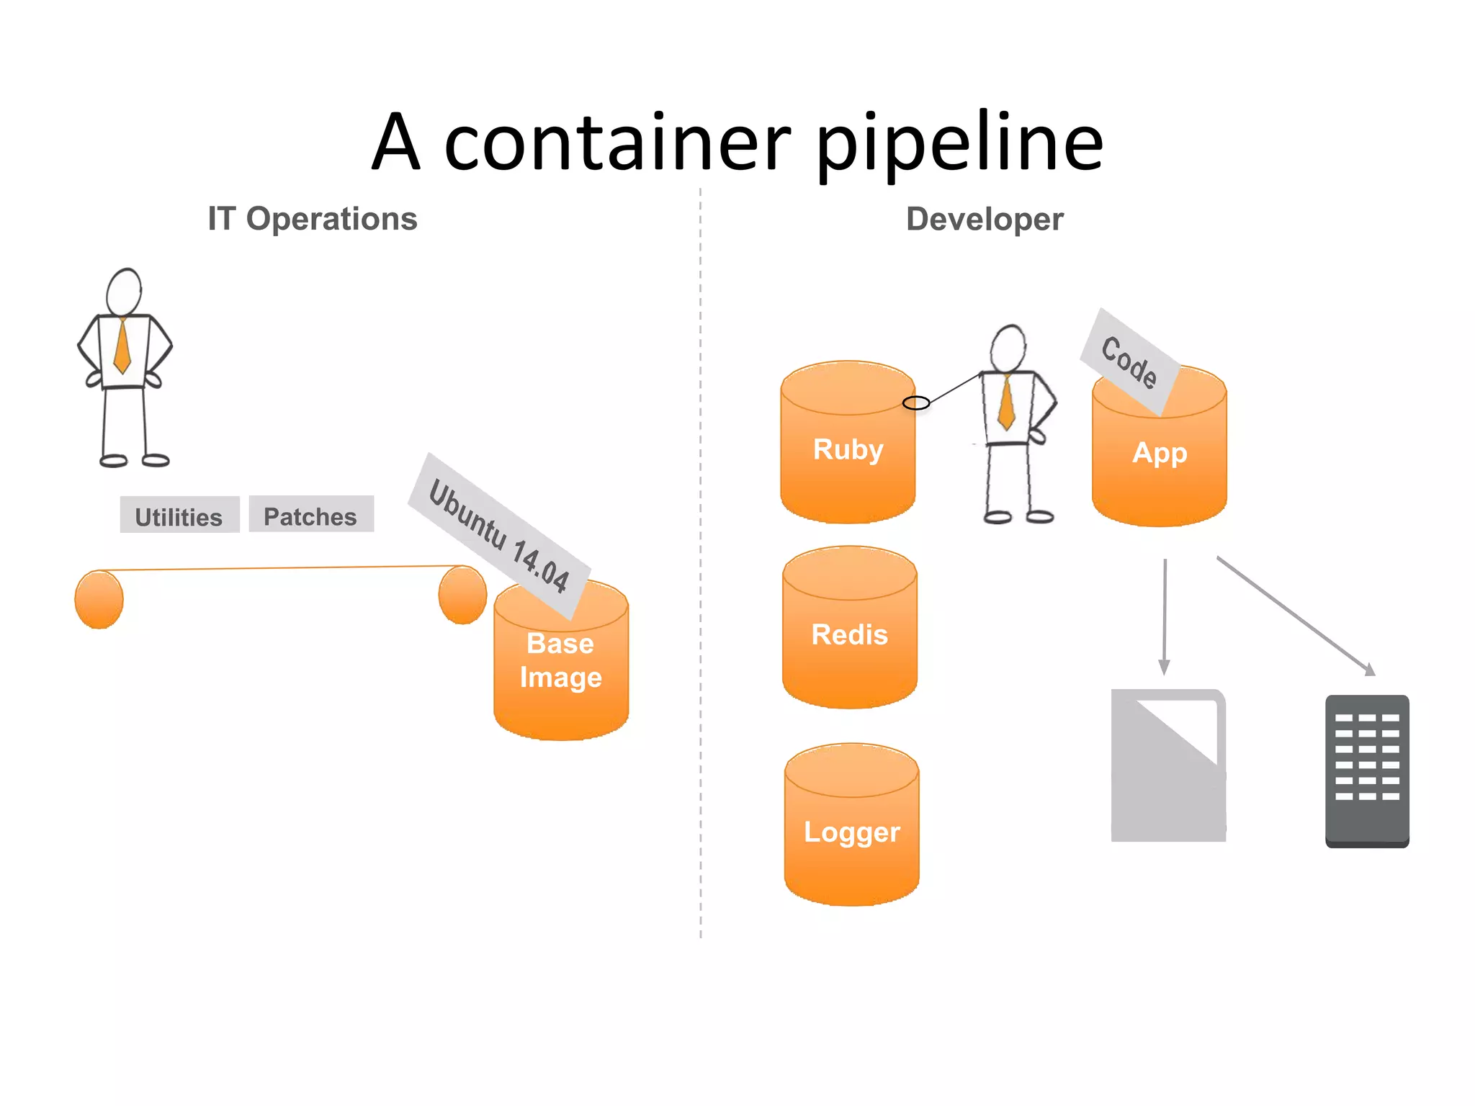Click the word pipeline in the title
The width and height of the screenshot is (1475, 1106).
point(959,144)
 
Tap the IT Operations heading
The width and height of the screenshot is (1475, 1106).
point(312,219)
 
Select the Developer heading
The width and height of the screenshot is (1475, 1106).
point(984,219)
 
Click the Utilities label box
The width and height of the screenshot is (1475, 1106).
point(179,516)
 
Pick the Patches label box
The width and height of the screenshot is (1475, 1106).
point(311,515)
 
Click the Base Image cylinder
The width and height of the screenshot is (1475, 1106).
point(561,670)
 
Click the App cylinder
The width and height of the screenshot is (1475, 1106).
point(1159,461)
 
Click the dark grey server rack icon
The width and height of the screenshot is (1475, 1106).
point(1367,770)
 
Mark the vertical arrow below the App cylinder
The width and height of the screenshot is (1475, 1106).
point(1164,616)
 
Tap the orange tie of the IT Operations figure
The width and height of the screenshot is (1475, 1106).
point(122,346)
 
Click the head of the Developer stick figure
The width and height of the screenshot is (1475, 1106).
point(1008,349)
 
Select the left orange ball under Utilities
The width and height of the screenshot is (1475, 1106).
point(99,599)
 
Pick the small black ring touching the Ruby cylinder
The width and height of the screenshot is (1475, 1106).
point(916,403)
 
